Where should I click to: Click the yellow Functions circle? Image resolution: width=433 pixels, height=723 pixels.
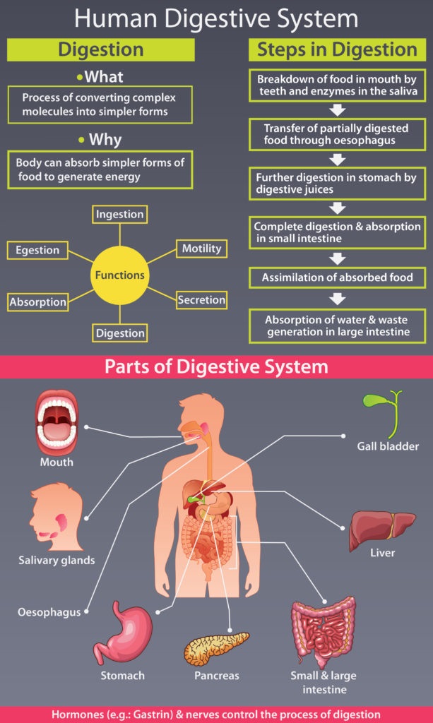[120, 275]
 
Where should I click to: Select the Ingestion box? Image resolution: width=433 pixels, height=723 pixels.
[120, 214]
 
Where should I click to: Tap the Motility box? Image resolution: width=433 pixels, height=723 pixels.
[201, 249]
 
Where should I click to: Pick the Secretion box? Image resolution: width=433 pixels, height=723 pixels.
[201, 300]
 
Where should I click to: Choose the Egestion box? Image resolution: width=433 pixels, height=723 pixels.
[38, 249]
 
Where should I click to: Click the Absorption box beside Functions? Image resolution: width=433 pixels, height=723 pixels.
[38, 302]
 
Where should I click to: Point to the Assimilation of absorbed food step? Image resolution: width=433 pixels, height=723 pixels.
[338, 277]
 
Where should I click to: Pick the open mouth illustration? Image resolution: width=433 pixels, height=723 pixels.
[56, 422]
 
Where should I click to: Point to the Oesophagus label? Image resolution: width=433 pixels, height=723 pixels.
[49, 612]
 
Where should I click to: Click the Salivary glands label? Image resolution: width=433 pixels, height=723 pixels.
[57, 561]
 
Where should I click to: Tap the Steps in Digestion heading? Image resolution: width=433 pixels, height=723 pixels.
[337, 49]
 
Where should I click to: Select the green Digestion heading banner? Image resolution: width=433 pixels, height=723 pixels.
[101, 49]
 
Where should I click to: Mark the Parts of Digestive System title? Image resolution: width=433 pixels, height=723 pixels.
[216, 366]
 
